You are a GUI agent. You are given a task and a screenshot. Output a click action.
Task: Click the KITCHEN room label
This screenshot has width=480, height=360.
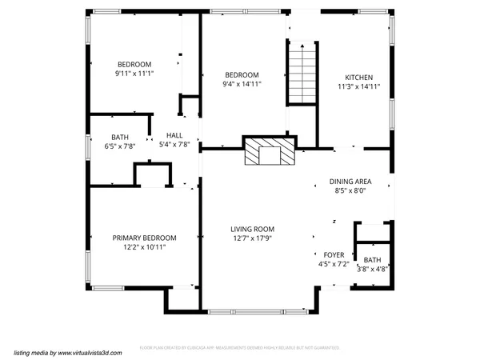point(358,77)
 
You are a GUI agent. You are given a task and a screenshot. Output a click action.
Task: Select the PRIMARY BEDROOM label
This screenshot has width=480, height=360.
point(144,238)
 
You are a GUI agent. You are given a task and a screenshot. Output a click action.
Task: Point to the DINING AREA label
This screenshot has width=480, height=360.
point(350,182)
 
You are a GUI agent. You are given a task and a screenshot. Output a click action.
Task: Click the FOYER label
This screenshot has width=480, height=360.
point(334,254)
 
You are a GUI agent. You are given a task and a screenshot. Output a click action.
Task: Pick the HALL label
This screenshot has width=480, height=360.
point(174,135)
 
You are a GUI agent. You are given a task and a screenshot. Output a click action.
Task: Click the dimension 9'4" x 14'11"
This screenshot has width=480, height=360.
point(242,83)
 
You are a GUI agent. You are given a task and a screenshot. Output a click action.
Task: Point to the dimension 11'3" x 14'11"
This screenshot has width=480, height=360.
point(358,86)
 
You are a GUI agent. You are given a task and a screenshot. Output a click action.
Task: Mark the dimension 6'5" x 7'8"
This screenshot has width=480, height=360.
point(120,146)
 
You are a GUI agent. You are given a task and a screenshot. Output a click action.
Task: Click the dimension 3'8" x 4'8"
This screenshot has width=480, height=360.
point(372,270)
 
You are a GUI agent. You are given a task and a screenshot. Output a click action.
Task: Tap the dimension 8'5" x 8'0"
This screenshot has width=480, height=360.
point(350,191)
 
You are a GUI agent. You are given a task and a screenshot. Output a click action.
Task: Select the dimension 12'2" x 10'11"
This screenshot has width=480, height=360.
point(144,247)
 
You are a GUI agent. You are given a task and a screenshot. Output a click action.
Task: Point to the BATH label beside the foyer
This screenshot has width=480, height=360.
point(372,260)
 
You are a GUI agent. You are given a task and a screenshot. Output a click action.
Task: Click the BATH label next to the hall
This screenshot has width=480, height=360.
point(120,137)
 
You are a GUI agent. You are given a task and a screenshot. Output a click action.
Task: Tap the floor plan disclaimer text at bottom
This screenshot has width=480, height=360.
point(240,348)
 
